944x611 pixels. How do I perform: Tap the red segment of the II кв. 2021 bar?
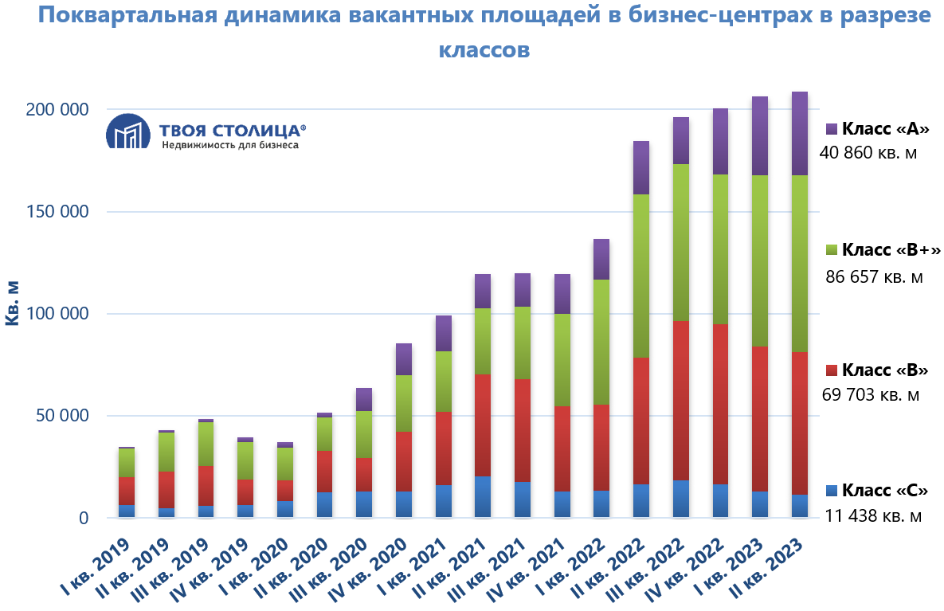pyautogui.click(x=483, y=425)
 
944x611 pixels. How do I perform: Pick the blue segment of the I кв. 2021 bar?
pyautogui.click(x=443, y=501)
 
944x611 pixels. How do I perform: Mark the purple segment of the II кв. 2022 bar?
pyautogui.click(x=641, y=167)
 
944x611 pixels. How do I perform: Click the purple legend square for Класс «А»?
pyautogui.click(x=832, y=128)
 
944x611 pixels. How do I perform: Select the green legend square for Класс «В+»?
pyautogui.click(x=832, y=250)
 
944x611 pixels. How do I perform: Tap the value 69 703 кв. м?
pyautogui.click(x=870, y=394)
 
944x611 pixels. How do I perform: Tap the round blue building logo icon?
pyautogui.click(x=128, y=131)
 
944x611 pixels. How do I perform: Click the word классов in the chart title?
pyautogui.click(x=484, y=50)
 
